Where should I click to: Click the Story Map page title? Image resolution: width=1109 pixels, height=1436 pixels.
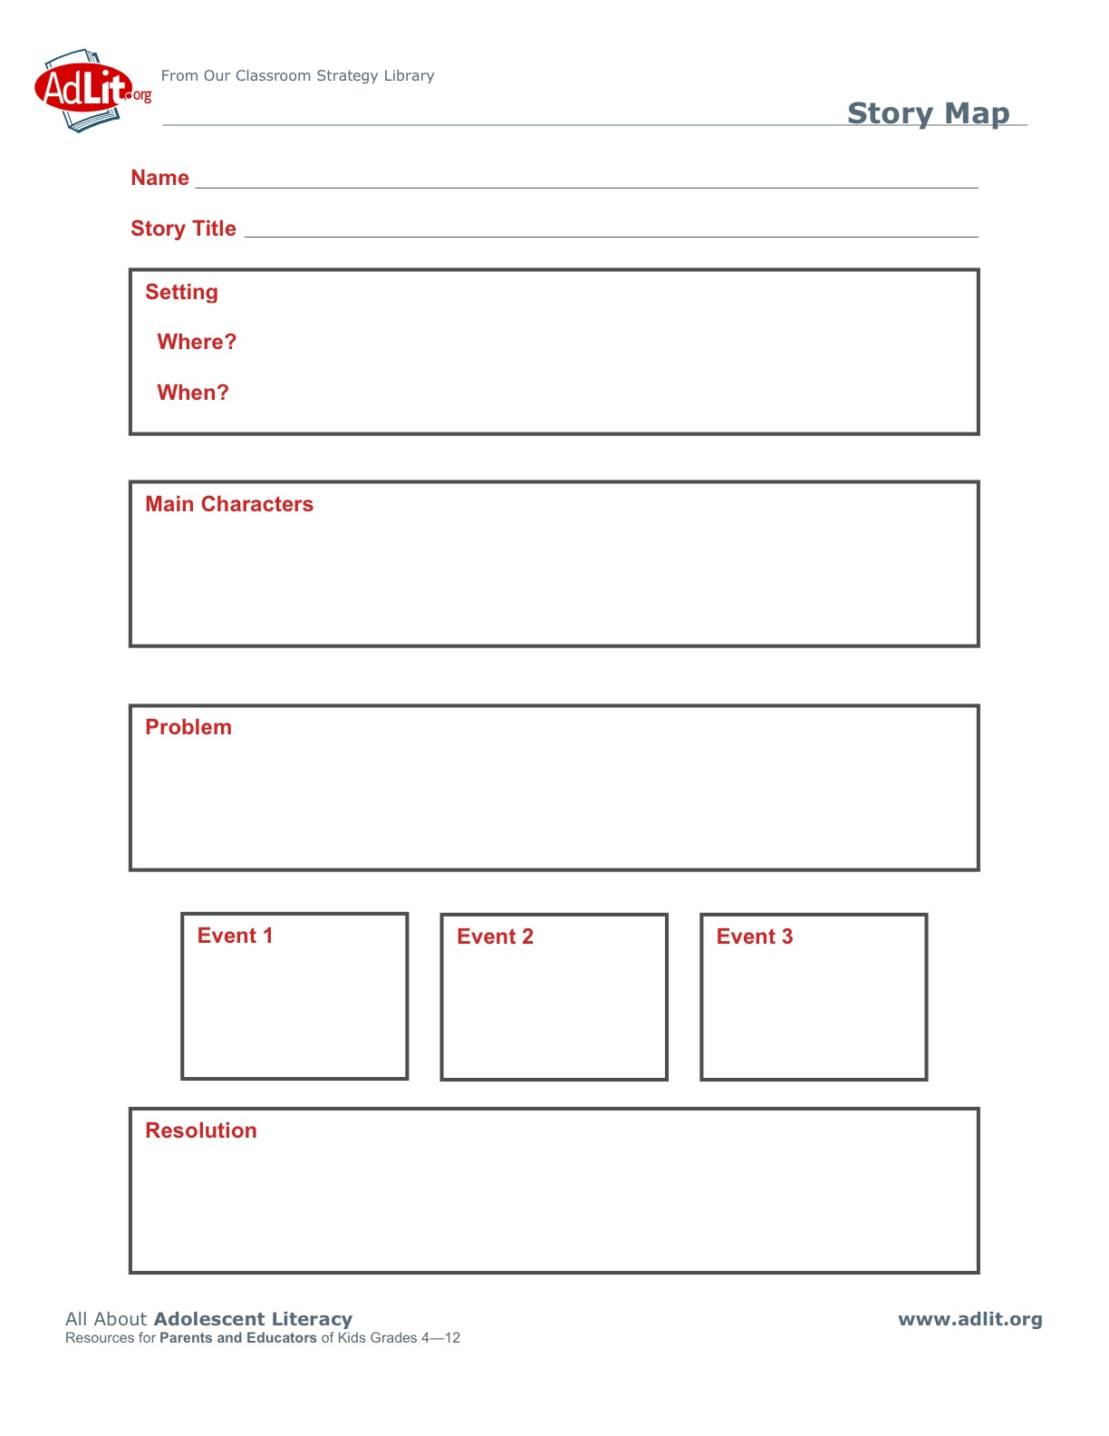(x=928, y=113)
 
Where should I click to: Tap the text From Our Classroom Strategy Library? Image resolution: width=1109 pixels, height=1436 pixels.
(x=297, y=76)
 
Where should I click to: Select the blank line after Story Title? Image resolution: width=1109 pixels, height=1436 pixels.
(x=612, y=233)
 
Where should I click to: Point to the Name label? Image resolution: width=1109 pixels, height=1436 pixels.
(x=159, y=178)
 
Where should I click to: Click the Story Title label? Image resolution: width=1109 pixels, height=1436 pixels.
(x=183, y=228)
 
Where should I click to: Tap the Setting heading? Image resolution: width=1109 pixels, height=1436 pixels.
(x=181, y=292)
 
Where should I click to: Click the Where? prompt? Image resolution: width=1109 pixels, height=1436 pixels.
(x=196, y=342)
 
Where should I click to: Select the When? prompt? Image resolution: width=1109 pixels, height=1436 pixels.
(x=192, y=393)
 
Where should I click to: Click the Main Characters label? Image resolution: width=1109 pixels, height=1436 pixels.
(x=229, y=504)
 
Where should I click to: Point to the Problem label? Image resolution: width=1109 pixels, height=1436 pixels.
(x=188, y=727)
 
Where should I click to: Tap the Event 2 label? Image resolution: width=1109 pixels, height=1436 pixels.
(x=495, y=936)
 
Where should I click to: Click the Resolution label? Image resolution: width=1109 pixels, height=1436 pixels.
(x=201, y=1130)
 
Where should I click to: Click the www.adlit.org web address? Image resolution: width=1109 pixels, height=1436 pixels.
(x=969, y=1320)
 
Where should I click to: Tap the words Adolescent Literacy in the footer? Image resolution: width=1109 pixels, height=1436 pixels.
(x=253, y=1319)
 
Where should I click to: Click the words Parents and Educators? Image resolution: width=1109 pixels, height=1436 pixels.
(x=238, y=1338)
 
